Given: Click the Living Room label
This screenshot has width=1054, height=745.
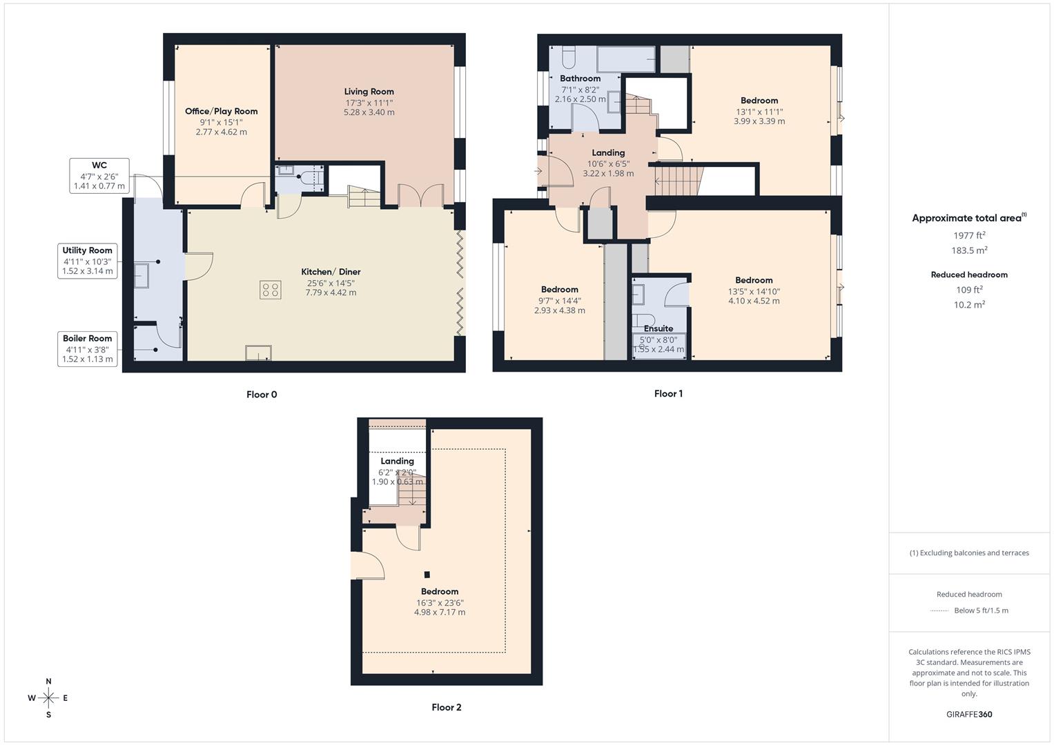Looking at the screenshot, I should coord(369,92).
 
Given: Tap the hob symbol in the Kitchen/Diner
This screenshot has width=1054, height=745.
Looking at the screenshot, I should coord(270,290).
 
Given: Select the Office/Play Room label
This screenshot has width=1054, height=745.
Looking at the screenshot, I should coord(221,111).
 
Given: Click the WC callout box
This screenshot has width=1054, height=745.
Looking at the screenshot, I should coord(99,176).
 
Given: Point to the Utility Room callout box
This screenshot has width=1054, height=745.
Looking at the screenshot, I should coord(87,261).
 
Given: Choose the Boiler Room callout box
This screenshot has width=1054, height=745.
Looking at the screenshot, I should coord(87,348).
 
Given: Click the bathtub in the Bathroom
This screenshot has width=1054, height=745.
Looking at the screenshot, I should coord(626,59).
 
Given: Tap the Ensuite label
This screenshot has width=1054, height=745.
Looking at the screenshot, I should coord(658,328).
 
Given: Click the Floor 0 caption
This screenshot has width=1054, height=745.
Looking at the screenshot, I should coord(262,395).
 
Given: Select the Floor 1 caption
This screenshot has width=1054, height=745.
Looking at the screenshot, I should coord(668,394).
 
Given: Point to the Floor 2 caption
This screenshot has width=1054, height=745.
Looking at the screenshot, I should coord(447,707).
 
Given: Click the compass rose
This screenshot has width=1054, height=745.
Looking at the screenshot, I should coord(48,698).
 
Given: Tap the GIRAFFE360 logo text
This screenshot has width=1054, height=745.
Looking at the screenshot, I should coord(969,714).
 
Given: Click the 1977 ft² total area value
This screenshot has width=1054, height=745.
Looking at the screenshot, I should coord(969,235).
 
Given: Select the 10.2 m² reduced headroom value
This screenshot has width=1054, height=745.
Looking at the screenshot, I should coord(969,304).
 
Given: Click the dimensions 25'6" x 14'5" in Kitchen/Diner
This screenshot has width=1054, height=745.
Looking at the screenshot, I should coord(331,283).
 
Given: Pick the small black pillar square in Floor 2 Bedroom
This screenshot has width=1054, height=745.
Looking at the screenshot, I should coord(427,575).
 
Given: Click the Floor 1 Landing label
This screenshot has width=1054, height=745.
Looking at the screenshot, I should coord(608,153).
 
